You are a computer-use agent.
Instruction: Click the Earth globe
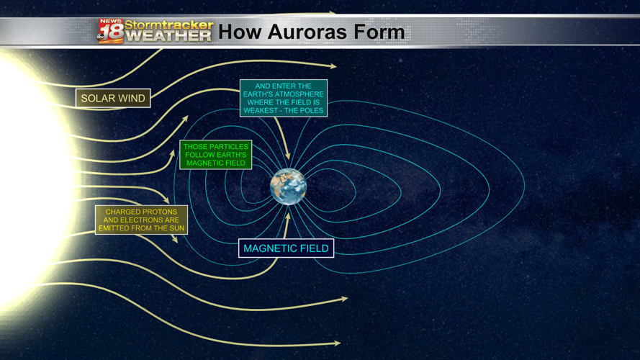coord(288,186)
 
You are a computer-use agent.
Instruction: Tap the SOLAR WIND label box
coord(113,99)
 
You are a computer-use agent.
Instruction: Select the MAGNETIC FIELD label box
coord(286,248)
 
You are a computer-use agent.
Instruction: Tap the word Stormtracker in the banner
coord(169,25)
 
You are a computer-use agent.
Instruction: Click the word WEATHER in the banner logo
coord(170,36)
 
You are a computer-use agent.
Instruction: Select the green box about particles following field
coord(215,155)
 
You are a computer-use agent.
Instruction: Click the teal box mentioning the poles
coord(284,99)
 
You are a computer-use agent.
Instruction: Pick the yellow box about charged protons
coord(142,220)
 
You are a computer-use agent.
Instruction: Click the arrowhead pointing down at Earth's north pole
coord(288,156)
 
